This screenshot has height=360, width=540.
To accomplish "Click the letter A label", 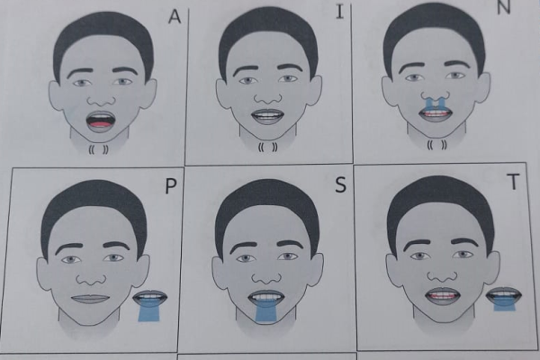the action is (x=175, y=16).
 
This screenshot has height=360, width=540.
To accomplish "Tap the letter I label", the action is (x=340, y=11).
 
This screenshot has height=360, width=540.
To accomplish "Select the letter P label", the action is (x=171, y=186).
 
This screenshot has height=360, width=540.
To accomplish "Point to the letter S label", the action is (x=340, y=184).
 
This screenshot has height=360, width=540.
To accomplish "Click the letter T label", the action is (x=513, y=182).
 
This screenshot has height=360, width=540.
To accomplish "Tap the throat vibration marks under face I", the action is (x=268, y=148).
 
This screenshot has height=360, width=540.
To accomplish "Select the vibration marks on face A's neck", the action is (x=99, y=149).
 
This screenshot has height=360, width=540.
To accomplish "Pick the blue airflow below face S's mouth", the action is (x=266, y=311).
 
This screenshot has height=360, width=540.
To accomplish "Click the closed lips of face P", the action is (x=90, y=299).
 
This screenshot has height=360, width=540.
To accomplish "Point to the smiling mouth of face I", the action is (x=267, y=116).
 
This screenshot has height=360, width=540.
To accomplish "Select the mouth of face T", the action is (x=443, y=295).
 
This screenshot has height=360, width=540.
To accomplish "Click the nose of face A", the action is (x=101, y=100).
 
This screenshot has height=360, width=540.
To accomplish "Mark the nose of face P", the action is (x=92, y=278).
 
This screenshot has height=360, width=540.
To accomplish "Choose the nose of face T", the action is (x=444, y=274).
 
